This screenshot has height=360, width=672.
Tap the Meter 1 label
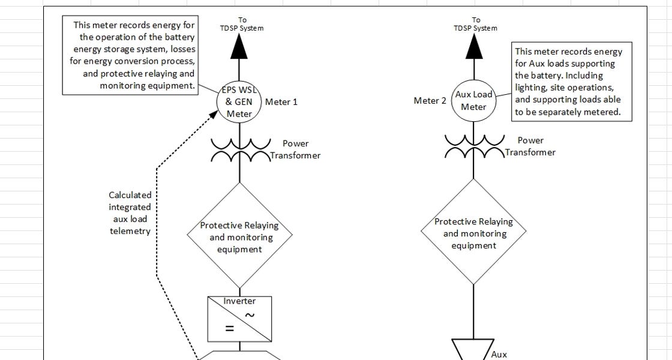[x=281, y=102]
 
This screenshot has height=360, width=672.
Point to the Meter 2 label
[x=430, y=101]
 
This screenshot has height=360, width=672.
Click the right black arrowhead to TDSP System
[x=474, y=46]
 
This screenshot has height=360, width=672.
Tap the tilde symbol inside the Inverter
[x=250, y=316]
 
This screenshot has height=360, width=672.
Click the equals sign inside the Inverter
[x=230, y=329]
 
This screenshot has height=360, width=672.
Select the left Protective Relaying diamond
[x=239, y=183]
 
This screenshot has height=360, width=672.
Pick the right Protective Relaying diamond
[x=473, y=179]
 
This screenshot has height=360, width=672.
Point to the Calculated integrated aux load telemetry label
[x=130, y=213]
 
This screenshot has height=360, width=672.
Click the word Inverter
[x=239, y=301]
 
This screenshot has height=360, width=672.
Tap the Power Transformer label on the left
[x=295, y=149]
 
